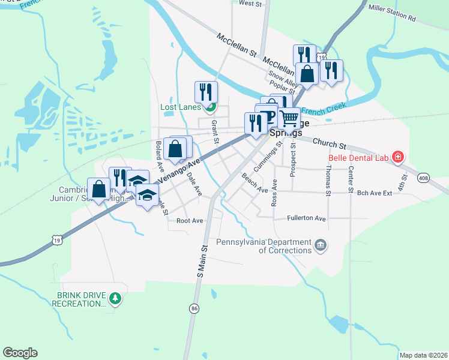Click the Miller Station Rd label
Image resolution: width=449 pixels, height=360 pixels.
pyautogui.click(x=392, y=13)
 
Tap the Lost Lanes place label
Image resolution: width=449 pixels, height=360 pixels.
pyautogui.click(x=179, y=108)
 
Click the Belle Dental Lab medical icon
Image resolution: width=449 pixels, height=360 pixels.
pyautogui.click(x=397, y=158)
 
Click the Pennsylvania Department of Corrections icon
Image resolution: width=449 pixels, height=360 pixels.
pyautogui.click(x=321, y=245)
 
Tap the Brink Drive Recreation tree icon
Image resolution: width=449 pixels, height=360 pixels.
pyautogui.click(x=116, y=298)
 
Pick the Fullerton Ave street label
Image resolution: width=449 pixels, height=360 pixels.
pyautogui.click(x=306, y=218)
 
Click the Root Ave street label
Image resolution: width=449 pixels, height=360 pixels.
pyautogui.click(x=190, y=221)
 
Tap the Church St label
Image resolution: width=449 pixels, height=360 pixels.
pyautogui.click(x=330, y=145)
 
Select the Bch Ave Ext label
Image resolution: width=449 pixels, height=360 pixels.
pyautogui.click(x=374, y=193)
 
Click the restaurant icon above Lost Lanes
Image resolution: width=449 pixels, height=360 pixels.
pyautogui.click(x=206, y=92)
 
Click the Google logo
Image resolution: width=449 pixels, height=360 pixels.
pyautogui.click(x=20, y=353)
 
